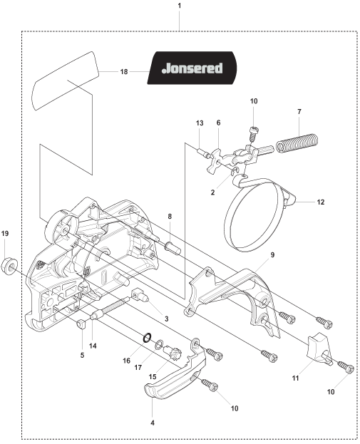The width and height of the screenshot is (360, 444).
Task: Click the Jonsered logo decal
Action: click(192, 68)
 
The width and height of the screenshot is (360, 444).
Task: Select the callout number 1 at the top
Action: click(179, 6)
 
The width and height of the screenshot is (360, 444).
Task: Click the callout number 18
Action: click(124, 72)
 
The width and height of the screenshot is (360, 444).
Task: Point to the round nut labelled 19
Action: click(10, 266)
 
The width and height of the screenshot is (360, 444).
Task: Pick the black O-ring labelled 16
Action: click(147, 337)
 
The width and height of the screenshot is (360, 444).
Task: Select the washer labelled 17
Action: click(160, 345)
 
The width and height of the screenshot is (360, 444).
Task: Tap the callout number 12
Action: click(321, 202)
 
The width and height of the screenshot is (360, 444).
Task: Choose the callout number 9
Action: click(272, 255)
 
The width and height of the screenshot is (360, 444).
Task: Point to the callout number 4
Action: click(153, 423)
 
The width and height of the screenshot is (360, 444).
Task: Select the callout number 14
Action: click(93, 346)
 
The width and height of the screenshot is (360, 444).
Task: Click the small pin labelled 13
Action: click(203, 153)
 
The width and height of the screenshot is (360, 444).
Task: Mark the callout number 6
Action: click(218, 123)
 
